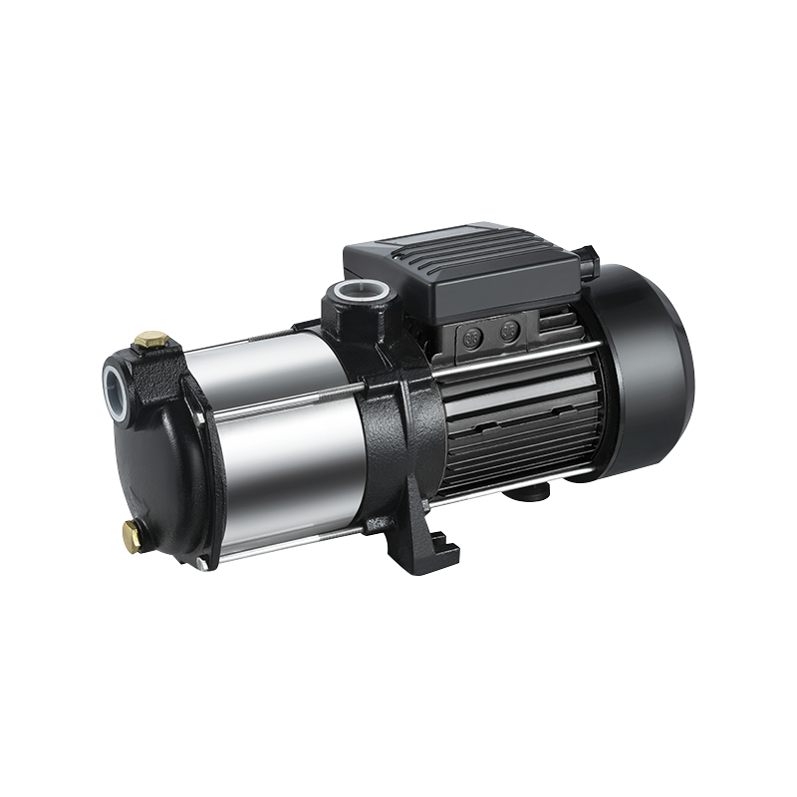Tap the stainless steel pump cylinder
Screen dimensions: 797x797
(279, 438)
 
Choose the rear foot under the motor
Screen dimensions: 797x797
(528, 494)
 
